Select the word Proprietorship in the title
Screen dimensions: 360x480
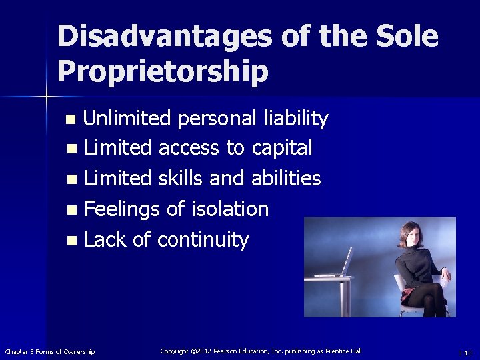click(x=163, y=71)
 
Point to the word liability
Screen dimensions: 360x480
click(x=295, y=119)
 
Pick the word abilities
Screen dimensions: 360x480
click(x=286, y=179)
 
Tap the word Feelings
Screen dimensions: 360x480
click(x=121, y=209)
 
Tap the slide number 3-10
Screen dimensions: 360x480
click(x=464, y=352)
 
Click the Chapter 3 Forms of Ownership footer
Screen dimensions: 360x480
click(x=50, y=351)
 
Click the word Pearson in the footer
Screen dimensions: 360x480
click(x=233, y=351)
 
